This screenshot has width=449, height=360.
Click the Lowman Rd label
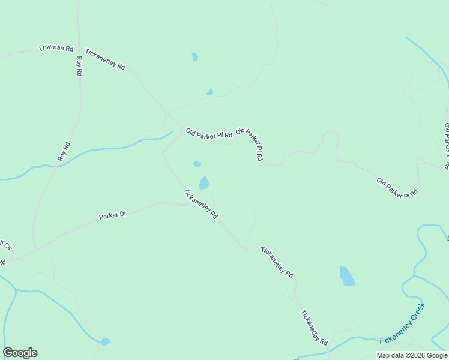tap(56, 48)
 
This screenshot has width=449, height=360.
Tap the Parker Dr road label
tap(113, 215)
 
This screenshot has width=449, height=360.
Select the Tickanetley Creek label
tap(402, 324)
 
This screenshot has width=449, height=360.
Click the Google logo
tap(20, 353)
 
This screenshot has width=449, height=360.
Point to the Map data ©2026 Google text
tap(412, 355)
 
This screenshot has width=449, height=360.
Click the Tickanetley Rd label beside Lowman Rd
tap(105, 59)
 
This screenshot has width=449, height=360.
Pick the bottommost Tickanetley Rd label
tap(314, 328)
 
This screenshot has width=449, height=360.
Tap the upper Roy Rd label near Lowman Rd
tap(79, 65)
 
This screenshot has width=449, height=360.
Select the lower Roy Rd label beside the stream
tap(64, 151)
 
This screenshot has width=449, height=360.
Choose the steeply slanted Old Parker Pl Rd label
tap(250, 144)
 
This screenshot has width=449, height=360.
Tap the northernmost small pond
tap(194, 57)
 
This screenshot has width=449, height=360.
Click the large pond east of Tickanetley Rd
tap(347, 276)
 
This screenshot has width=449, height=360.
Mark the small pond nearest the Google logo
tap(106, 341)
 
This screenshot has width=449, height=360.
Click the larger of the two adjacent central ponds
tap(204, 182)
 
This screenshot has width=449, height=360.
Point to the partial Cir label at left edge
tap(6, 245)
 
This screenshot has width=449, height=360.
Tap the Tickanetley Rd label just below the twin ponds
tap(200, 204)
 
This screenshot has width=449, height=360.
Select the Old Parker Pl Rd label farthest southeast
tap(397, 188)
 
